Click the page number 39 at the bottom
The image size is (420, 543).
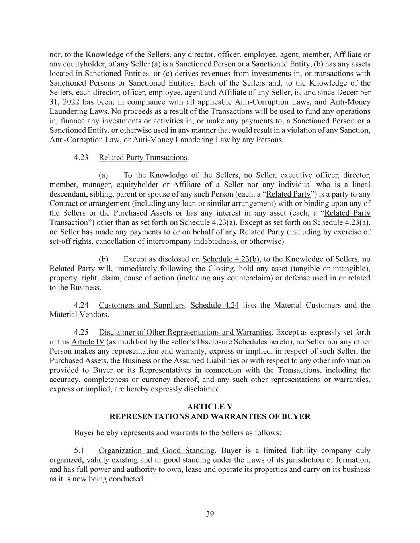click(x=210, y=514)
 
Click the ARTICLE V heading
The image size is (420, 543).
click(x=210, y=407)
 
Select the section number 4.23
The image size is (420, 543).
click(x=81, y=157)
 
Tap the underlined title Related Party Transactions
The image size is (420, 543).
click(x=143, y=157)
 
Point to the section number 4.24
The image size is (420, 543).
click(x=81, y=305)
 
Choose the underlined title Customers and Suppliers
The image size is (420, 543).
click(x=142, y=305)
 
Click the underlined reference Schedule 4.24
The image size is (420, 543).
click(x=215, y=305)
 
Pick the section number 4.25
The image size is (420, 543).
click(x=81, y=332)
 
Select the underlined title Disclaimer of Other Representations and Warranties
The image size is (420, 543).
click(x=185, y=332)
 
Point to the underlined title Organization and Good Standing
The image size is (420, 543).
click(x=156, y=450)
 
